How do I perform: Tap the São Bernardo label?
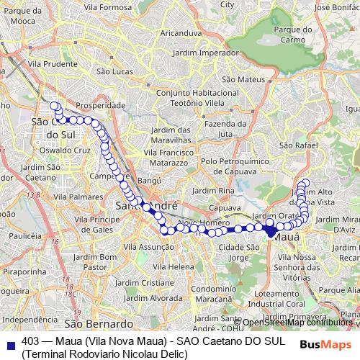coord(99,324)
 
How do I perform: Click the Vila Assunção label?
coord(148,246)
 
